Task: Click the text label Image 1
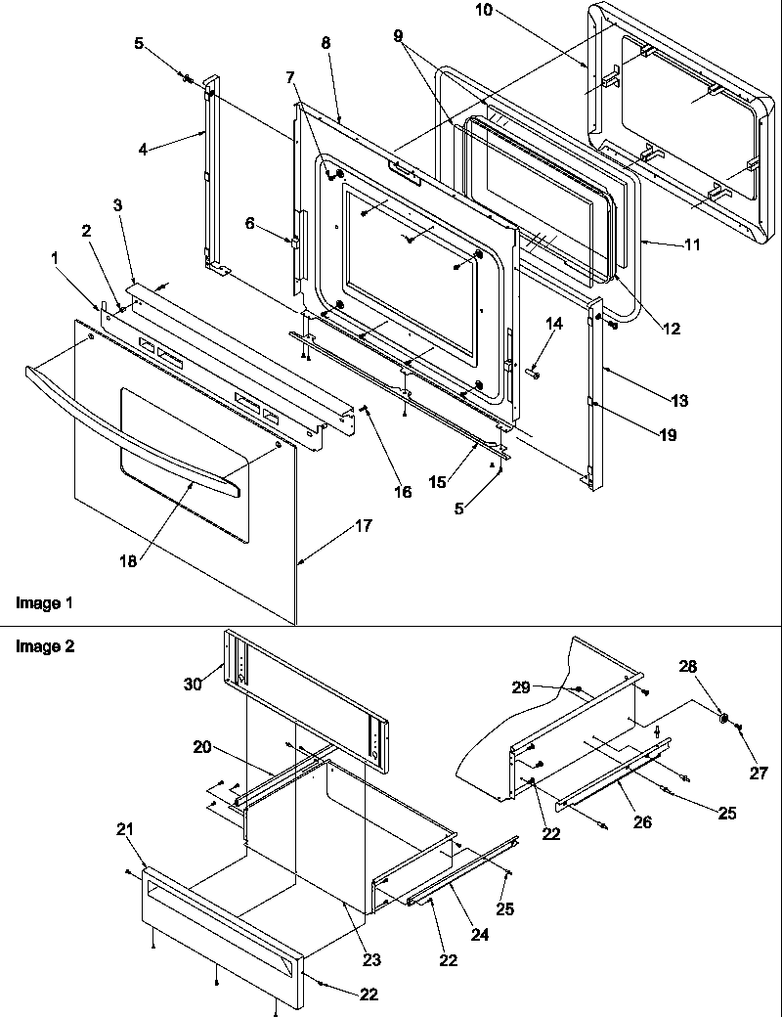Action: point(44,603)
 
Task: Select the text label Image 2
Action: point(44,646)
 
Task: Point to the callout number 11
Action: point(691,245)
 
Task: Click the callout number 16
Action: point(403,492)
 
